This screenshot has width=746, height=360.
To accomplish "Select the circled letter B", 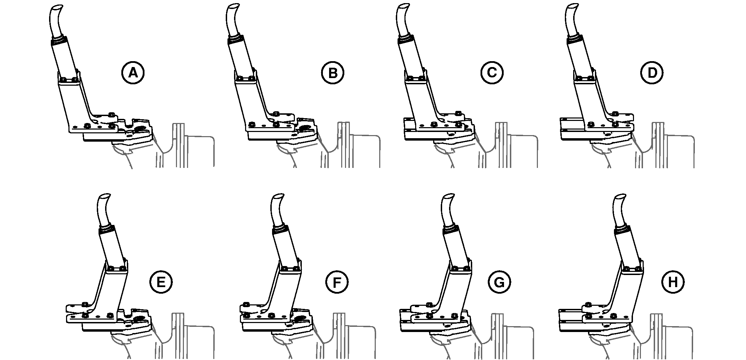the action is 333,73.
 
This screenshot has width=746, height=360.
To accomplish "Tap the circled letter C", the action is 491,73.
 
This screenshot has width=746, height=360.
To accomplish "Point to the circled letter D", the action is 652,73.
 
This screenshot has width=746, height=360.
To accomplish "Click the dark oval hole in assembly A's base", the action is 140,129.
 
